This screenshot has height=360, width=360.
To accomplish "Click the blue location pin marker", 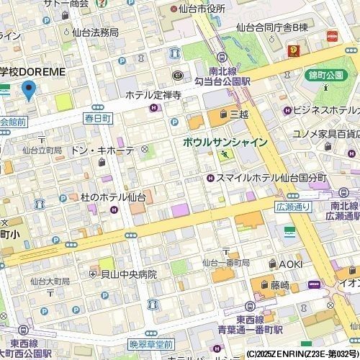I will pos(29,91).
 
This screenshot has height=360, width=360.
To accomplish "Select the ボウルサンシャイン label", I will pos(225,142).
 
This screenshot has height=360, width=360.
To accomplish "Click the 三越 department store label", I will pos(238,114).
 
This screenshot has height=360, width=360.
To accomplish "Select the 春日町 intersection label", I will pos(97,117).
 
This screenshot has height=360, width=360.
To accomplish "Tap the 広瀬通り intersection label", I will pos(291,206).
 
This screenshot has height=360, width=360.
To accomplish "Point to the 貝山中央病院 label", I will pos(128,274).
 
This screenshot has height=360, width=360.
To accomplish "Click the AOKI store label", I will pos(290,264).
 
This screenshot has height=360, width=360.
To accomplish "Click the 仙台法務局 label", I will pos(95,32).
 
